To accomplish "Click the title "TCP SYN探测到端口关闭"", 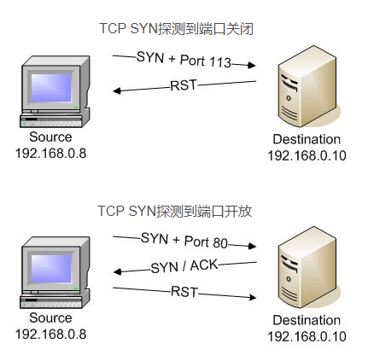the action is click(176, 29).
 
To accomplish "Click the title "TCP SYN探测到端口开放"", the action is click(174, 211).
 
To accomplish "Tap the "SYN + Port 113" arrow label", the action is click(184, 60).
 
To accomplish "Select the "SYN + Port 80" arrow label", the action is click(184, 241).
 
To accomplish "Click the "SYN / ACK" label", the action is click(184, 266).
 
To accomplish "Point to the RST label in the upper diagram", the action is click(184, 85).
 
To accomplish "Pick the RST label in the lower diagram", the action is click(184, 292).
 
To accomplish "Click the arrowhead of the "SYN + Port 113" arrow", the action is click(252, 65).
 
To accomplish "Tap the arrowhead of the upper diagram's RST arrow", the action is click(117, 90).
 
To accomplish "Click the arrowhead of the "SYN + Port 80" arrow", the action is click(252, 246).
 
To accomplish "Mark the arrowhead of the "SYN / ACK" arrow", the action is click(118, 271).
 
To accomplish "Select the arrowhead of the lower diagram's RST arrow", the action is click(252, 298).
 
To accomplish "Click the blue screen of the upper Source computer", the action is click(51, 87).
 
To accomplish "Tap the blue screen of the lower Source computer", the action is click(51, 268).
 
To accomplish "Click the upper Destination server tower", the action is click(307, 86).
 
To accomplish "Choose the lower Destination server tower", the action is click(307, 267).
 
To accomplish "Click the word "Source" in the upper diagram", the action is click(50, 137).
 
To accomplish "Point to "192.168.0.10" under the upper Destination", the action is click(307, 155).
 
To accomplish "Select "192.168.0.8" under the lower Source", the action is click(50, 335).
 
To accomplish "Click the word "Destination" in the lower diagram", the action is click(307, 320).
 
